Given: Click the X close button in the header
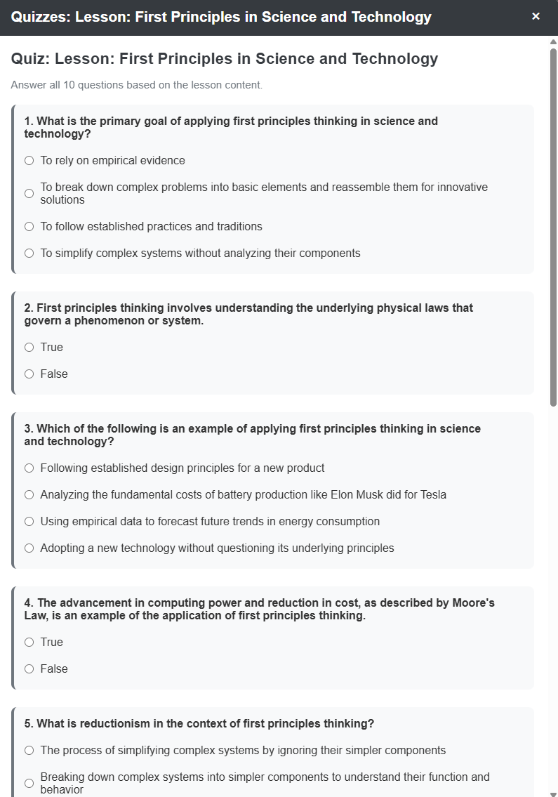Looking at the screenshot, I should click(x=536, y=16).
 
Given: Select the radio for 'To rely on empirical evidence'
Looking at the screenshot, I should click(x=29, y=161).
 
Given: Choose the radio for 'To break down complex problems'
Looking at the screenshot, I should click(x=29, y=193).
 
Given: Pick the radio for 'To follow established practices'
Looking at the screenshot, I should click(x=29, y=227).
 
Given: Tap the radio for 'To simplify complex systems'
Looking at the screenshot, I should click(x=29, y=253).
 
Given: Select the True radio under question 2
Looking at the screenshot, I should click(x=29, y=348).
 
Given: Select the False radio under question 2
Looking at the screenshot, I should click(x=29, y=374).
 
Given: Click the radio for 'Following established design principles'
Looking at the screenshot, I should click(x=29, y=468).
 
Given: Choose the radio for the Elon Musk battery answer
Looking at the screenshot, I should click(x=29, y=495).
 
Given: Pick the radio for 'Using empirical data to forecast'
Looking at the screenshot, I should click(x=29, y=522).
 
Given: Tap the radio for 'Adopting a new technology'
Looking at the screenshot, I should click(x=29, y=548).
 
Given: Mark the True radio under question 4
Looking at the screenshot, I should click(x=29, y=643).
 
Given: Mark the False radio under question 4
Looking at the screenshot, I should click(x=29, y=669).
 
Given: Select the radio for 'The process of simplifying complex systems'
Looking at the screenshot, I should click(x=29, y=751).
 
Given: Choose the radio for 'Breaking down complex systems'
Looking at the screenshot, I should click(x=29, y=783).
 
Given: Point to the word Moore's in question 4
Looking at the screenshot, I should click(x=473, y=603).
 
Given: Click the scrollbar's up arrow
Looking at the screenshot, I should click(x=553, y=41).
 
